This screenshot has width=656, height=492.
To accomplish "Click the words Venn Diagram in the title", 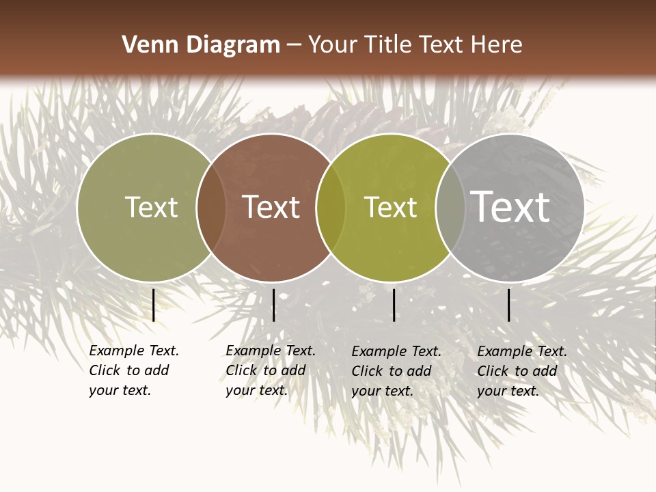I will pos(201,45).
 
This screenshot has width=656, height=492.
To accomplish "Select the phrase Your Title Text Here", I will pos(415,45).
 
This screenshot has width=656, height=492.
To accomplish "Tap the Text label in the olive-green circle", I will pos(151,207).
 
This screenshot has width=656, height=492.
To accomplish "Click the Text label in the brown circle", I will pos(271,207).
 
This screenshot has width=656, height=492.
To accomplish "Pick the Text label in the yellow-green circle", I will pos(390,207).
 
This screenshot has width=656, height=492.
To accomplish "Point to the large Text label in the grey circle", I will pos(510,206).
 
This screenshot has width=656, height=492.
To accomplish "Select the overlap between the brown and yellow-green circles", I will pos(331,207).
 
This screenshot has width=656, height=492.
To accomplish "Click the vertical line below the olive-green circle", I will pos(154,305).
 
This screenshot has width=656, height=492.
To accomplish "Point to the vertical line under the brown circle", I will pos(273,305).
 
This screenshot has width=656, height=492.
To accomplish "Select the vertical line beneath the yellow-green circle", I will pos(394,305).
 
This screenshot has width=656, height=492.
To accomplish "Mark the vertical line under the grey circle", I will pos(508,305).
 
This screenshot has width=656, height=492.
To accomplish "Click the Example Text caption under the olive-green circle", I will pos(134,370).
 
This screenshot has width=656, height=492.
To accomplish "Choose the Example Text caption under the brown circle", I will pos(271,370).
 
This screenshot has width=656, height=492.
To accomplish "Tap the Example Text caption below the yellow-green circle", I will pos(396,371).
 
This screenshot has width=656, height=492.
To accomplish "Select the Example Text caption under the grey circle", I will pos(522,371).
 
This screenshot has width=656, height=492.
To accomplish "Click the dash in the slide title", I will pos(294,46).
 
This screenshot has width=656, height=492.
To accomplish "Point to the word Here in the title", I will pos(500,45).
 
